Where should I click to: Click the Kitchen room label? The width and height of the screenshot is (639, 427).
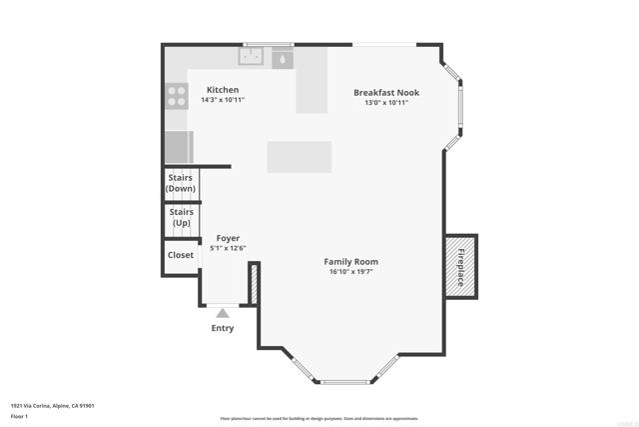pyautogui.click(x=223, y=90)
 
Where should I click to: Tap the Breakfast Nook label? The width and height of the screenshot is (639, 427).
pyautogui.click(x=386, y=92)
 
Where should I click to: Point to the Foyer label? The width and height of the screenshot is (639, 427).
pyautogui.click(x=229, y=238)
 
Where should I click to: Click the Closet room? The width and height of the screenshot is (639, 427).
pyautogui.click(x=181, y=255)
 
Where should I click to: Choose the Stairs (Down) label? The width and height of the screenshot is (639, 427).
pyautogui.click(x=181, y=183)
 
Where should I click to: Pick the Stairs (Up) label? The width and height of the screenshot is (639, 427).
pyautogui.click(x=182, y=217)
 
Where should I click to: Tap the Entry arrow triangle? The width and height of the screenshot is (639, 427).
pyautogui.click(x=223, y=313)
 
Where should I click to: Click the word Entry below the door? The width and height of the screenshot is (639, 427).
pyautogui.click(x=223, y=328)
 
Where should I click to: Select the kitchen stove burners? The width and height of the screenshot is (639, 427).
pyautogui.click(x=176, y=96)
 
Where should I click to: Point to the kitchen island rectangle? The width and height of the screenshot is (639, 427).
pyautogui.click(x=299, y=157)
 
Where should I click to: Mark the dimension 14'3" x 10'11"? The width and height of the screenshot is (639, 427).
pyautogui.click(x=223, y=100)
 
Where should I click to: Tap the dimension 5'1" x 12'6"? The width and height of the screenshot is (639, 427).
pyautogui.click(x=229, y=248)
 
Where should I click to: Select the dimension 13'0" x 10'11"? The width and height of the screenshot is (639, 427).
pyautogui.click(x=386, y=102)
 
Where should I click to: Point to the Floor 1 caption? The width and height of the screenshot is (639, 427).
pyautogui.click(x=20, y=415)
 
